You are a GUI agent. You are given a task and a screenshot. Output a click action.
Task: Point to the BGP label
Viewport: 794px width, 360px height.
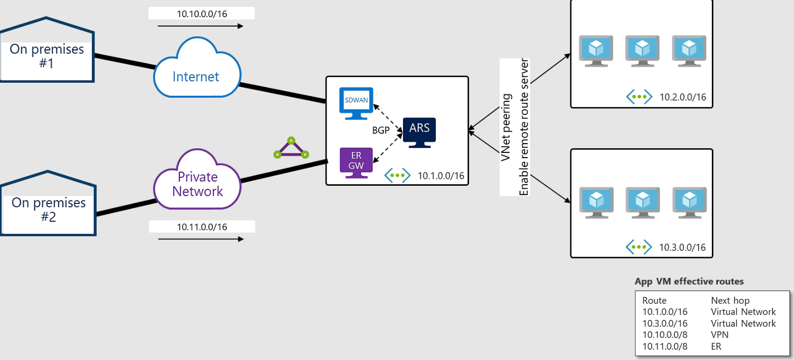[x=381, y=131]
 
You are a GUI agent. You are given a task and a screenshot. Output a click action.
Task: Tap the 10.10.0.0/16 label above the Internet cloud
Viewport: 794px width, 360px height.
[x=202, y=14]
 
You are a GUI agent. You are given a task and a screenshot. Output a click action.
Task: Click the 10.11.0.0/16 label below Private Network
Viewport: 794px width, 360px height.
[x=202, y=227]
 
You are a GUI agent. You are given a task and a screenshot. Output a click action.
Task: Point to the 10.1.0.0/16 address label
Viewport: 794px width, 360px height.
[x=441, y=176]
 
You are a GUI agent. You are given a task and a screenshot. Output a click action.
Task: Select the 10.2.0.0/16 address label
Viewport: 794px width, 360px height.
[x=683, y=97]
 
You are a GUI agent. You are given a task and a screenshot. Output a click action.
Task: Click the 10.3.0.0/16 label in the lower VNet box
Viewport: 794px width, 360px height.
[x=683, y=247]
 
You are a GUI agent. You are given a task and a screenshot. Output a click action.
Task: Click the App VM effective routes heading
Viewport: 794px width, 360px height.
[x=689, y=281]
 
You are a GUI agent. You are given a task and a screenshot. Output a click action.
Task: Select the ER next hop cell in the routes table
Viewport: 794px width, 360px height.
[x=716, y=346]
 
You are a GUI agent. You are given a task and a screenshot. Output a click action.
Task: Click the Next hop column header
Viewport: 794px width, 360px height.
[x=730, y=301]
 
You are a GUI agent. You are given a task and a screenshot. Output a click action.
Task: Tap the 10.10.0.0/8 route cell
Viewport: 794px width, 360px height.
[x=665, y=335]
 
